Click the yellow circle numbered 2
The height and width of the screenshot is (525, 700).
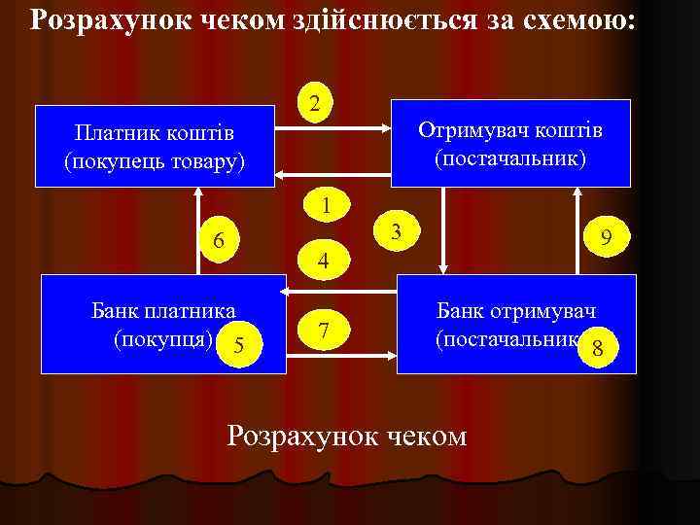314,103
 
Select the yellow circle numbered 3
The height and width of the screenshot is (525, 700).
396,230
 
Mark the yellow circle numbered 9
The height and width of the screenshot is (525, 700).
606,236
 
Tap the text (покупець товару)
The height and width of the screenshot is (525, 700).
155,159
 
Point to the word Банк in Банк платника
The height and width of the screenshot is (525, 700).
115,311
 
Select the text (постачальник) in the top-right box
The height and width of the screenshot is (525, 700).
510,157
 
